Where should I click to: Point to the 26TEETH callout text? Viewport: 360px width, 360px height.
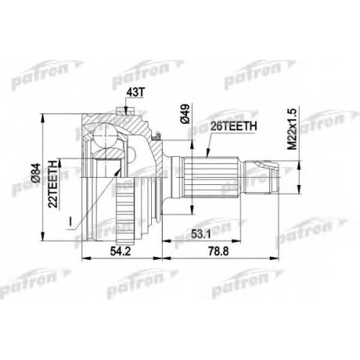pos(233,127)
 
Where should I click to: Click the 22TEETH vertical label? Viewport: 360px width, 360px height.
pos(53,183)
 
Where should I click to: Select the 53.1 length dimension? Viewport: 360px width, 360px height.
pos(201,234)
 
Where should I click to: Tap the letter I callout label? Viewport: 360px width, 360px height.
pos(71,222)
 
